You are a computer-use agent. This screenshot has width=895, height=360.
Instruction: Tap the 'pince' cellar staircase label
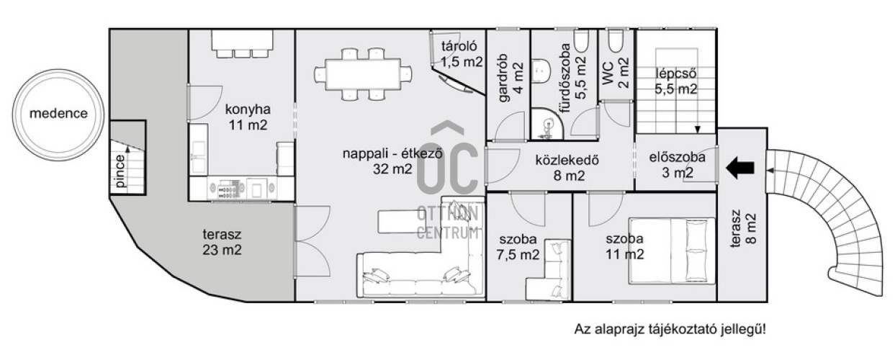click(120, 171)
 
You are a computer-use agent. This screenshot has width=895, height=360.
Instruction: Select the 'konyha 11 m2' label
click(248, 117)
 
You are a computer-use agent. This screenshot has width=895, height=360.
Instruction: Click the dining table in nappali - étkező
click(363, 74)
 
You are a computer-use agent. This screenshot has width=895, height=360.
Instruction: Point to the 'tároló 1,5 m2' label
click(462, 54)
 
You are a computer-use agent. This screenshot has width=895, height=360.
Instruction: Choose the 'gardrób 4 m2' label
click(511, 78)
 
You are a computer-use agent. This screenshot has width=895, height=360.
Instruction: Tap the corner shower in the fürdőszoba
click(547, 123)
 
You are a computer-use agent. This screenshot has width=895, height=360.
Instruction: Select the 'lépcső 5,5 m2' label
click(675, 81)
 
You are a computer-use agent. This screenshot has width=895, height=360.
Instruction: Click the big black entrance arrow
click(740, 168)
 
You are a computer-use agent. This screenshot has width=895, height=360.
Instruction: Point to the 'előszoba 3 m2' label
click(678, 165)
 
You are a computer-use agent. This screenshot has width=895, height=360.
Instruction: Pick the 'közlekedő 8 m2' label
click(567, 168)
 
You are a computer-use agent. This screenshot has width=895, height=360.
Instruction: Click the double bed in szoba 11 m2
click(672, 251)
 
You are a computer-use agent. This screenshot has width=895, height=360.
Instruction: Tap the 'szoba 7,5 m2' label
click(518, 247)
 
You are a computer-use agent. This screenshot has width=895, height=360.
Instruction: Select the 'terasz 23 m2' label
click(222, 242)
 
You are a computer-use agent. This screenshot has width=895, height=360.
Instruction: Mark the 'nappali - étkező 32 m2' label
click(392, 161)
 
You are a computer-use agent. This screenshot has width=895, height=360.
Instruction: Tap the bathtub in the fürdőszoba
click(581, 41)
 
